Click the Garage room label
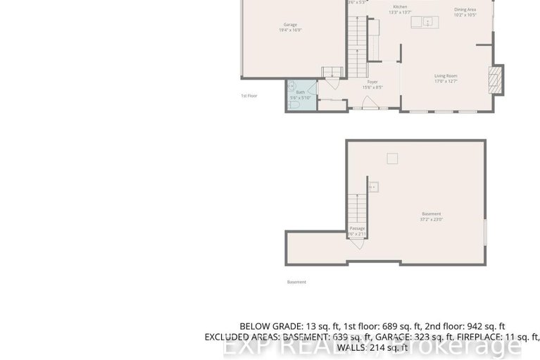290,25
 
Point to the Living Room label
446,75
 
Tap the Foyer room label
372,82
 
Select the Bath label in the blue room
301,92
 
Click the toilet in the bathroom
294,104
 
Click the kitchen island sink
427,23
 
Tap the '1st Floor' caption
249,95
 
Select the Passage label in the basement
358,228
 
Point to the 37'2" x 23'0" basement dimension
431,220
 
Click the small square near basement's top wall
392,159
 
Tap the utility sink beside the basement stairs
374,187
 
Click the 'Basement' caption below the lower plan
296,282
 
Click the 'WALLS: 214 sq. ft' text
372,347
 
